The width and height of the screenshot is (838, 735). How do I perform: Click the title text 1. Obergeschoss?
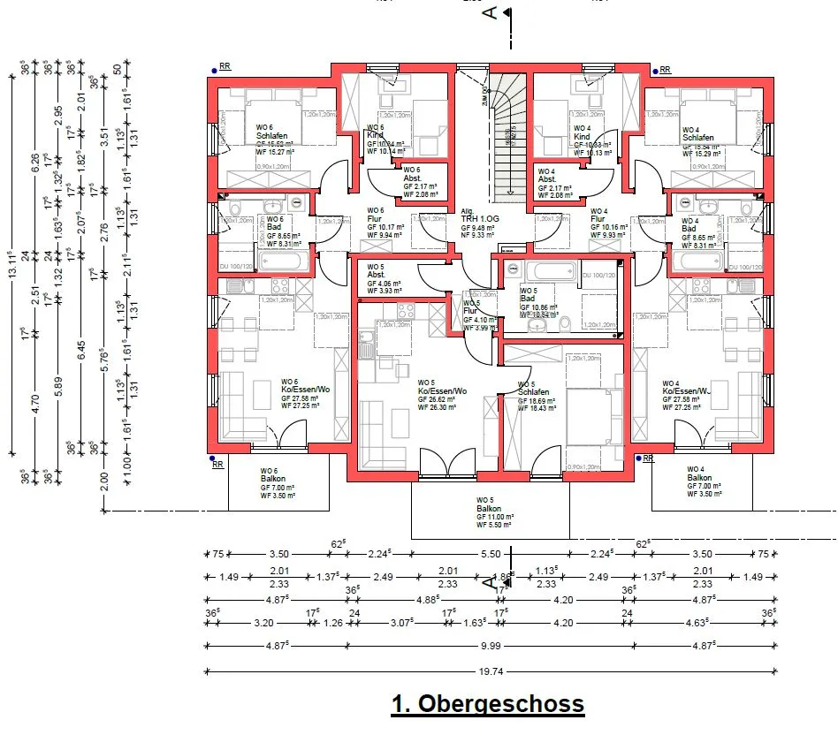pyautogui.click(x=488, y=704)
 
